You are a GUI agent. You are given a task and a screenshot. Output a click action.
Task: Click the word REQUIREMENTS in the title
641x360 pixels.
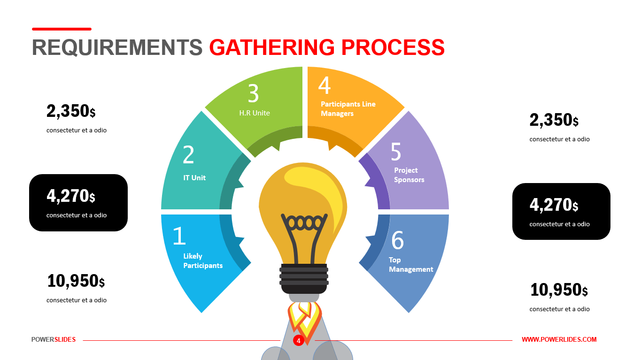[117, 47]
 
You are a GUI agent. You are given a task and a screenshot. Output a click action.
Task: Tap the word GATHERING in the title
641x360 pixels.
[272, 47]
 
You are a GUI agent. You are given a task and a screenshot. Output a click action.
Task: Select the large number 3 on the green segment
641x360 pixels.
[253, 93]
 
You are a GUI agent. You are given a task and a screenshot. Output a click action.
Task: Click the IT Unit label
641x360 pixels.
[194, 178]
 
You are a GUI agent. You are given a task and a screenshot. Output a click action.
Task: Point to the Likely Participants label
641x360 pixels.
[203, 261]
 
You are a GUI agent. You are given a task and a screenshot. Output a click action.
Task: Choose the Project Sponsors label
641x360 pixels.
[409, 175]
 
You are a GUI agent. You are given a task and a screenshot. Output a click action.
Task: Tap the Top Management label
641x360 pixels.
[411, 265]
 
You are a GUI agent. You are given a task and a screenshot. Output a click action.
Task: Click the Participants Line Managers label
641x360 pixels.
[348, 109]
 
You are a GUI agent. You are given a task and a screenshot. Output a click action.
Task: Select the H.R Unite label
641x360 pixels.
[255, 113]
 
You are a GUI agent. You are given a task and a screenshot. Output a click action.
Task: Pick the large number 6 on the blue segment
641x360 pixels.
[397, 240]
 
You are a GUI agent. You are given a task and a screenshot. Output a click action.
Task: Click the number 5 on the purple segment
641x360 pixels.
[396, 152]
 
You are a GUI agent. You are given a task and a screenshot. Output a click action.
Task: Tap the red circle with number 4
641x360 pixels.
[298, 341]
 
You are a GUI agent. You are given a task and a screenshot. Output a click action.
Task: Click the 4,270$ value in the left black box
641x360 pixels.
[71, 196]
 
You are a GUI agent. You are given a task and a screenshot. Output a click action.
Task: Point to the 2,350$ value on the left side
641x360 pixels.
[71, 111]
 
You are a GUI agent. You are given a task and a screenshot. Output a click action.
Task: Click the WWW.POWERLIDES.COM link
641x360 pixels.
[559, 339]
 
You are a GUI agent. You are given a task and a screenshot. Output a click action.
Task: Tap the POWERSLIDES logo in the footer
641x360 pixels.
[54, 339]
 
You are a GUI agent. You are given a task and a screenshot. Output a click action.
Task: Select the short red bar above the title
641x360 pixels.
[62, 29]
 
